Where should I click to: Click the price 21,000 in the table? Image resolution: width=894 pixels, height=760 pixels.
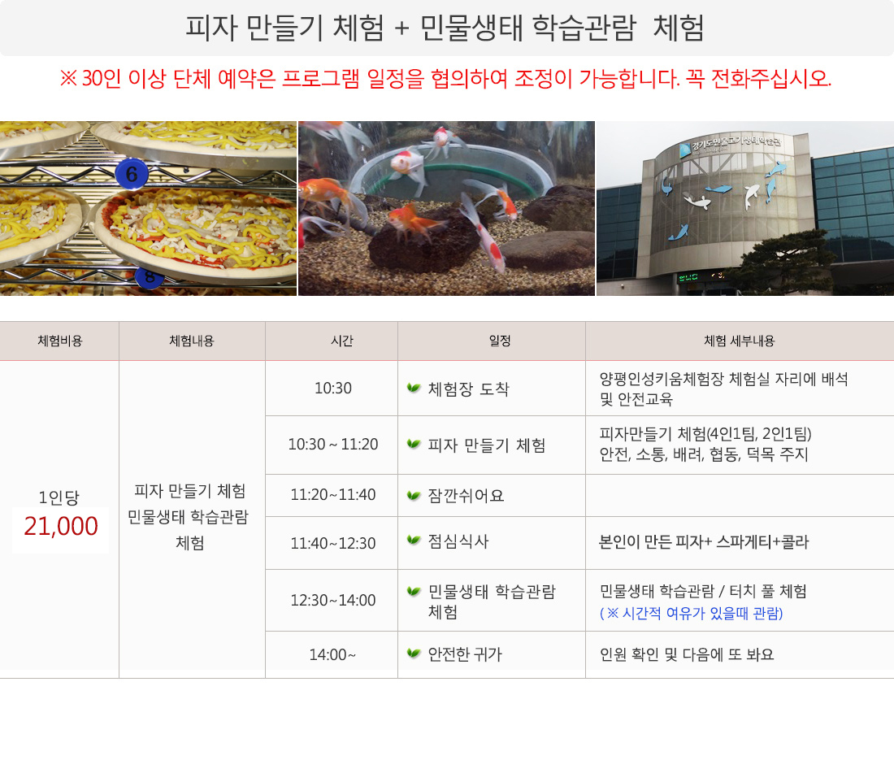(61, 526)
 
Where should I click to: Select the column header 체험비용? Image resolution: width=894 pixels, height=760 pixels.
(60, 341)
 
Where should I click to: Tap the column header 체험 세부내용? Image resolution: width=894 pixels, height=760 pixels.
(740, 341)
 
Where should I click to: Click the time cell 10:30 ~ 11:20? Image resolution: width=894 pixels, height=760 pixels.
(333, 444)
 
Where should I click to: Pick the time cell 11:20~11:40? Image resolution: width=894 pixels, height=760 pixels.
(333, 494)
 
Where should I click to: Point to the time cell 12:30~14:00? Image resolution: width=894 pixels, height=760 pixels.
(333, 601)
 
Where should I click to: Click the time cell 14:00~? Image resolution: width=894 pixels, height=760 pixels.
(332, 654)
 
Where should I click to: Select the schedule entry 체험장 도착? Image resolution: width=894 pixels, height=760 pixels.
(468, 389)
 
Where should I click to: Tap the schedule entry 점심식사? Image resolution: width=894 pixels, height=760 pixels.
(458, 541)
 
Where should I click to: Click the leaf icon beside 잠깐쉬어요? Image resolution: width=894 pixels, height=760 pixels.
(414, 495)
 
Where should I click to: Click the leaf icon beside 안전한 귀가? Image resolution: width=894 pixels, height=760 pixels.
(414, 653)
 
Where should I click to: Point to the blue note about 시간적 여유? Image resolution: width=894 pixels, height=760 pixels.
(691, 614)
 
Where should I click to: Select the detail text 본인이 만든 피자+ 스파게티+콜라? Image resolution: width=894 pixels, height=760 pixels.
(704, 541)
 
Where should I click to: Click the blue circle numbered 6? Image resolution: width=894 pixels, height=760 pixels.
(132, 174)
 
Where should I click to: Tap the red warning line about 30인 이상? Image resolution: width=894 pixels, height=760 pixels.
(445, 78)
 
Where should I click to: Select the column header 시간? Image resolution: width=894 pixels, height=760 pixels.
(342, 341)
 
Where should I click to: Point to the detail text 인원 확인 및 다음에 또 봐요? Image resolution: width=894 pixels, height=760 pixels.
(687, 654)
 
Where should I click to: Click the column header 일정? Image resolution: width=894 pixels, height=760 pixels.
(500, 341)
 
